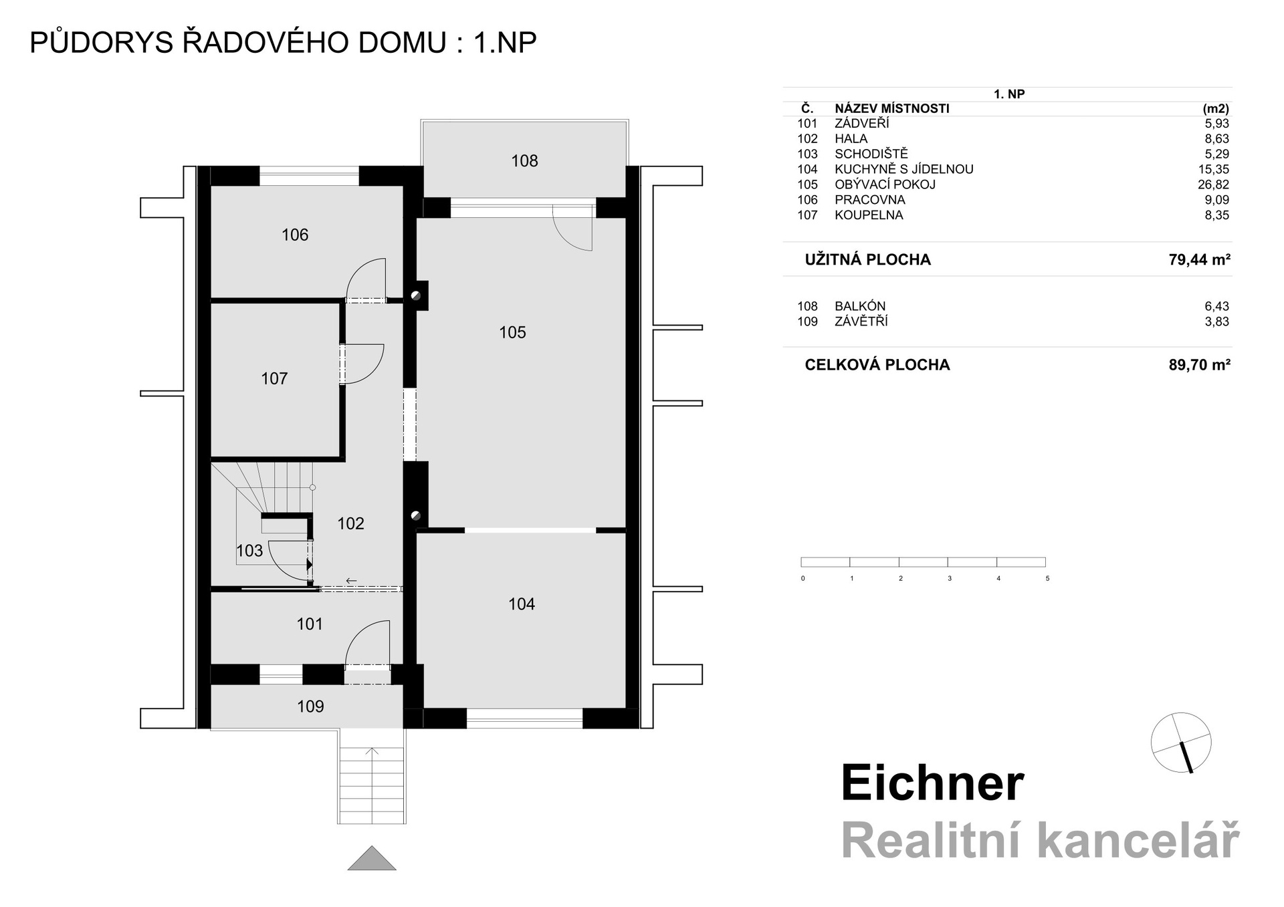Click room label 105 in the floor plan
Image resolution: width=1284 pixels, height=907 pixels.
click(512, 332)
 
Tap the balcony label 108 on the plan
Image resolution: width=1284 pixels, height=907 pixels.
click(524, 160)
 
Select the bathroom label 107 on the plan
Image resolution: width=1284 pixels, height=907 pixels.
click(274, 379)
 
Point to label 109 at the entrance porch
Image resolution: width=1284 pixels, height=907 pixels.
click(310, 706)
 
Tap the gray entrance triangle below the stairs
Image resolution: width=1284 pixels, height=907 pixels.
click(372, 860)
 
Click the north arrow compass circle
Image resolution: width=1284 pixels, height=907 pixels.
click(1181, 743)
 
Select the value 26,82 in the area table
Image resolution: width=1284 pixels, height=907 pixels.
click(1213, 184)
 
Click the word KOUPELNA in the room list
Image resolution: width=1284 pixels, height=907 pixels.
click(869, 215)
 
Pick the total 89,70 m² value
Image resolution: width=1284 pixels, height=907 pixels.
click(1199, 365)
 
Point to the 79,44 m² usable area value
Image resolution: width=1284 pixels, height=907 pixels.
click(1199, 259)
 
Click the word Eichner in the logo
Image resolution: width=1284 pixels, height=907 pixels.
click(932, 783)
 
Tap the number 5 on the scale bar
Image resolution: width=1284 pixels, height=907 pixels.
click(1047, 579)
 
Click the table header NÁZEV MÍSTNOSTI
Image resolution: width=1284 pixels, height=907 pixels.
click(891, 108)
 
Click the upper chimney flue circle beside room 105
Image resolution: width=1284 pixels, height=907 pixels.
click(416, 295)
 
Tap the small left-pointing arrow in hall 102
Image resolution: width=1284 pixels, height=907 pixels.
click(351, 581)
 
